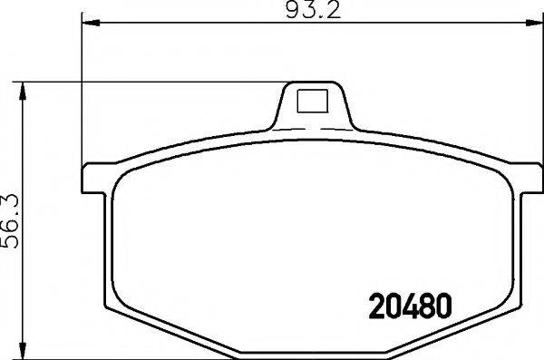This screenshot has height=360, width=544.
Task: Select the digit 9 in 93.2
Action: (292, 11)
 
